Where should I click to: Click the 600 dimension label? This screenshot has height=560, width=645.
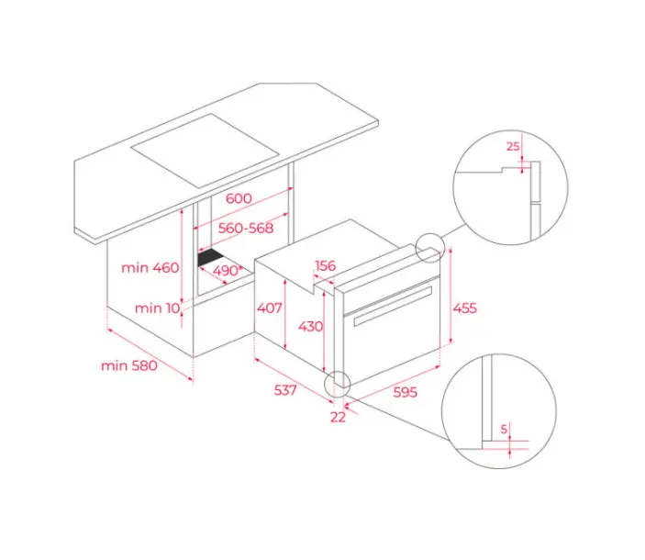coord(239,198)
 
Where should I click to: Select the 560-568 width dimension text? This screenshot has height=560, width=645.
coord(246,228)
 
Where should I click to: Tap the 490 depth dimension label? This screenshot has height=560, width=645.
coord(226,270)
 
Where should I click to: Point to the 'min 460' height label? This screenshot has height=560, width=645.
coord(150,268)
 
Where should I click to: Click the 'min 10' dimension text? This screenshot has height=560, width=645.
coord(158,308)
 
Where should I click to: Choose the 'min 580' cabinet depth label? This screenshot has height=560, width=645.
coord(129,365)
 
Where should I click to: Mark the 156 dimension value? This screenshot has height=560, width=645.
coord(326,265)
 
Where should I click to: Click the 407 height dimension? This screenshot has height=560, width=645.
coord(270,308)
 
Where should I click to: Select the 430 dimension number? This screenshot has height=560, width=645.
coord(310,326)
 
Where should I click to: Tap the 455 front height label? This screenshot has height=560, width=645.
coord(465,308)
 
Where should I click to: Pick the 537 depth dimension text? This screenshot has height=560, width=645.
coord(285,389)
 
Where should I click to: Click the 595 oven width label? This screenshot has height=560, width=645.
coord(406,392)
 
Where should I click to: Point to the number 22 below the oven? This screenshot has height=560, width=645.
coord(338,417)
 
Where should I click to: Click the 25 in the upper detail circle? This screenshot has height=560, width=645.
coord(513,146)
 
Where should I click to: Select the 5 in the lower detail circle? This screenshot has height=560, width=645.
coord(504,430)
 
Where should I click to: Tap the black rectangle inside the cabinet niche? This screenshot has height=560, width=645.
coord(211,258)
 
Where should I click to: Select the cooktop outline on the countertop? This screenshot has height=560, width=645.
coord(205,151)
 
